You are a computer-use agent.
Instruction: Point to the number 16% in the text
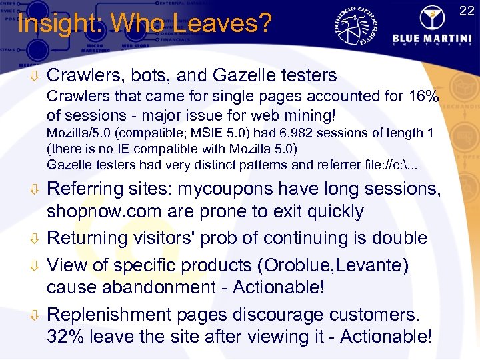pos(425,97)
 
